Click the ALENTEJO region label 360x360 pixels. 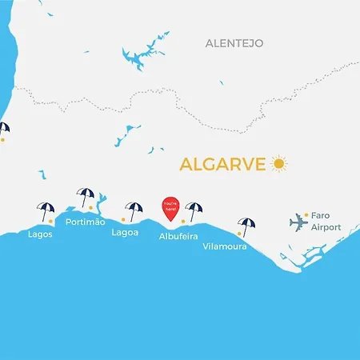(x=234, y=42)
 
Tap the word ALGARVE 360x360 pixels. (x=223, y=164)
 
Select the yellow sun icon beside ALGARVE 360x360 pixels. (x=278, y=164)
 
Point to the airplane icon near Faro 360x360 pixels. (x=298, y=222)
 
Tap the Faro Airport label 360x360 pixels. (x=326, y=222)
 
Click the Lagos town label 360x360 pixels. (x=40, y=234)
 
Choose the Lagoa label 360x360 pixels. (x=125, y=233)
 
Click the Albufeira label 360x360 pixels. (x=179, y=237)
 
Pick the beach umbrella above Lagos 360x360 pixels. (x=46, y=210)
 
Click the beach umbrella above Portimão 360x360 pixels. (x=85, y=196)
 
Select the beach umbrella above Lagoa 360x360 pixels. (x=133, y=210)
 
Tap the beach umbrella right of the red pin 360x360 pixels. (x=194, y=210)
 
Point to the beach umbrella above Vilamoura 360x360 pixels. (x=247, y=226)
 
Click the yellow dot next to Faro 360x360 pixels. (x=306, y=214)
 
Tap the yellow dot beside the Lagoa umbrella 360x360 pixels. (x=122, y=219)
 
